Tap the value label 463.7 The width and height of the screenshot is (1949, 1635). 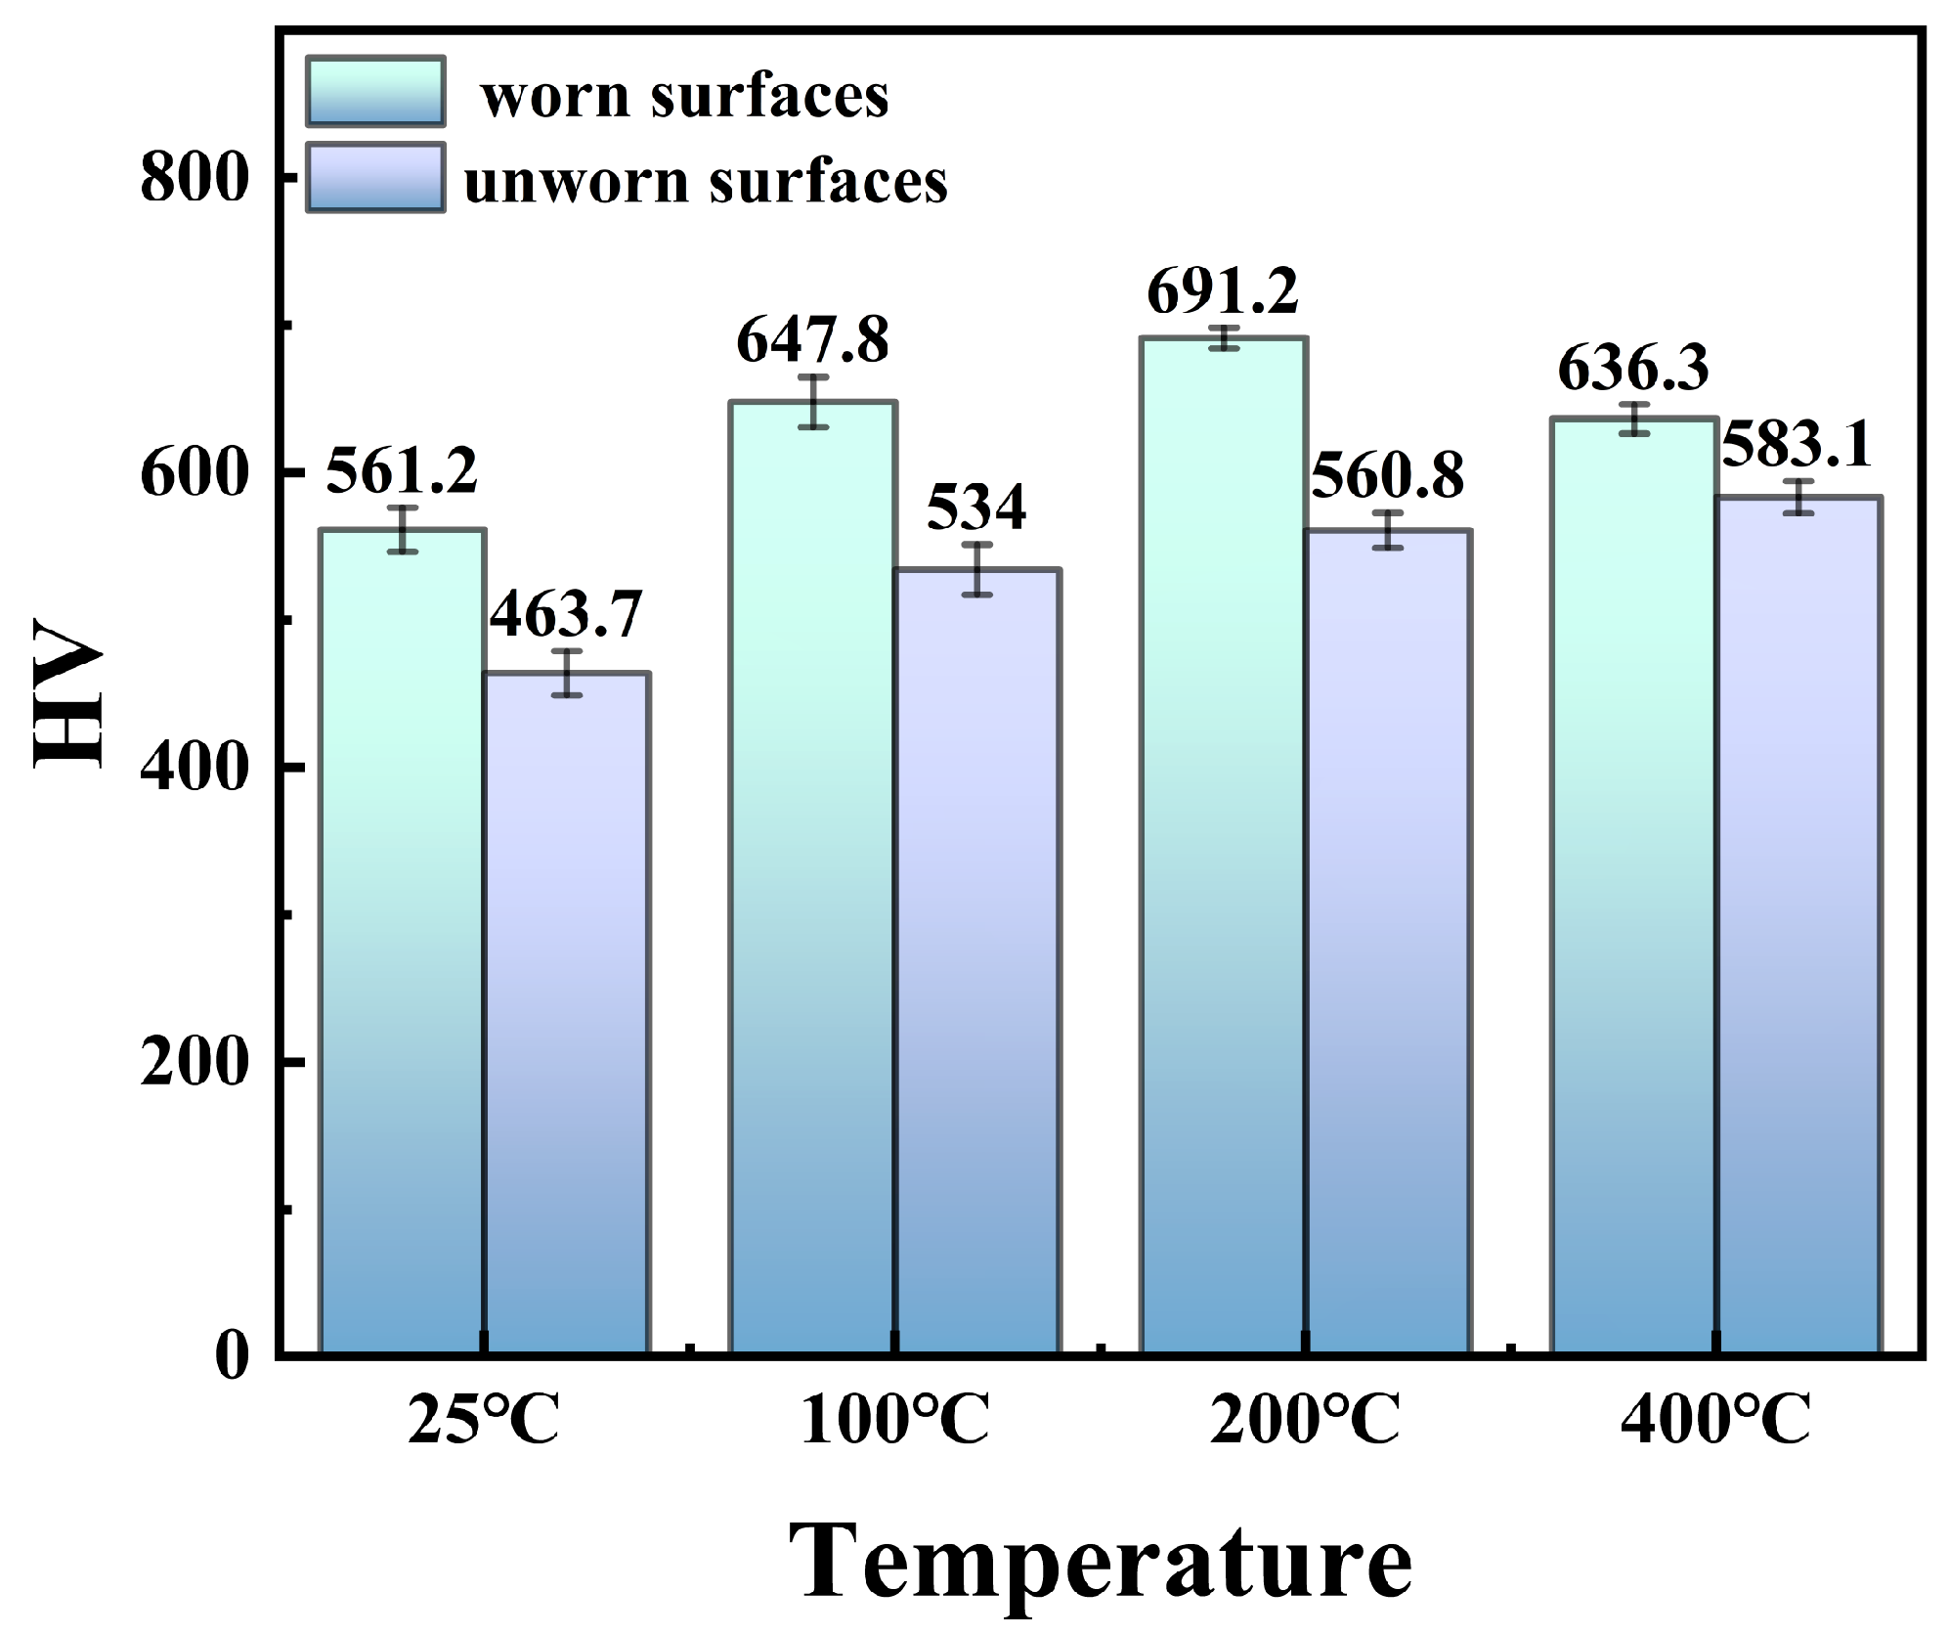pos(566,614)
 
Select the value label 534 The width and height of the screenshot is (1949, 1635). pos(975,508)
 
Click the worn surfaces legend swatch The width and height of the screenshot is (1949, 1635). pos(375,91)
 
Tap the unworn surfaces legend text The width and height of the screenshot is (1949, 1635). pos(705,180)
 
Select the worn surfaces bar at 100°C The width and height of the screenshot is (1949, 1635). pos(812,880)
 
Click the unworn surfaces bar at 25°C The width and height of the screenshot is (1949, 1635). pos(566,1017)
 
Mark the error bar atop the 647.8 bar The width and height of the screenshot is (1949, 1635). pos(812,402)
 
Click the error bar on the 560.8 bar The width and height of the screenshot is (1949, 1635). pos(1387,530)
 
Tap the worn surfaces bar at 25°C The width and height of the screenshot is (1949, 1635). pos(402,939)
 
